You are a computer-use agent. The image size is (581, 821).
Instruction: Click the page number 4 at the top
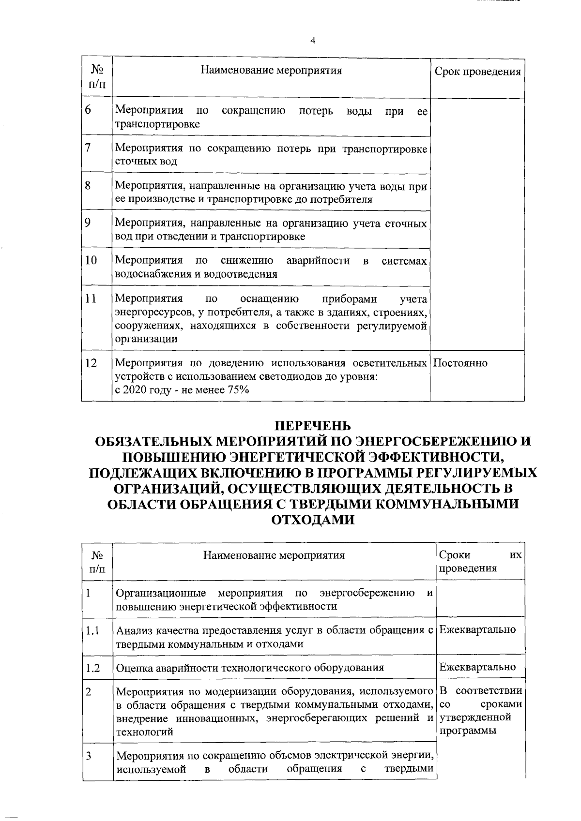click(x=312, y=41)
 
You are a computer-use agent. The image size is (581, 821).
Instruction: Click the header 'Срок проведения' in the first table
click(x=477, y=72)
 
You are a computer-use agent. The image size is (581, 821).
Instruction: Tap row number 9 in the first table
click(x=88, y=223)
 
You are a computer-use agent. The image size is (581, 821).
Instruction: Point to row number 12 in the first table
click(x=91, y=363)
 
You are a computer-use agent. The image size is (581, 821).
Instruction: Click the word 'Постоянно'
click(x=460, y=363)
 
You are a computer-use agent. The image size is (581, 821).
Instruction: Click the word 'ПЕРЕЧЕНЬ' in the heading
click(x=312, y=426)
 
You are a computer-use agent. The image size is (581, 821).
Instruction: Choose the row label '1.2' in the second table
click(x=92, y=668)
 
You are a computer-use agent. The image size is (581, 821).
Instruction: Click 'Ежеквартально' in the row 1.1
click(x=477, y=629)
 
